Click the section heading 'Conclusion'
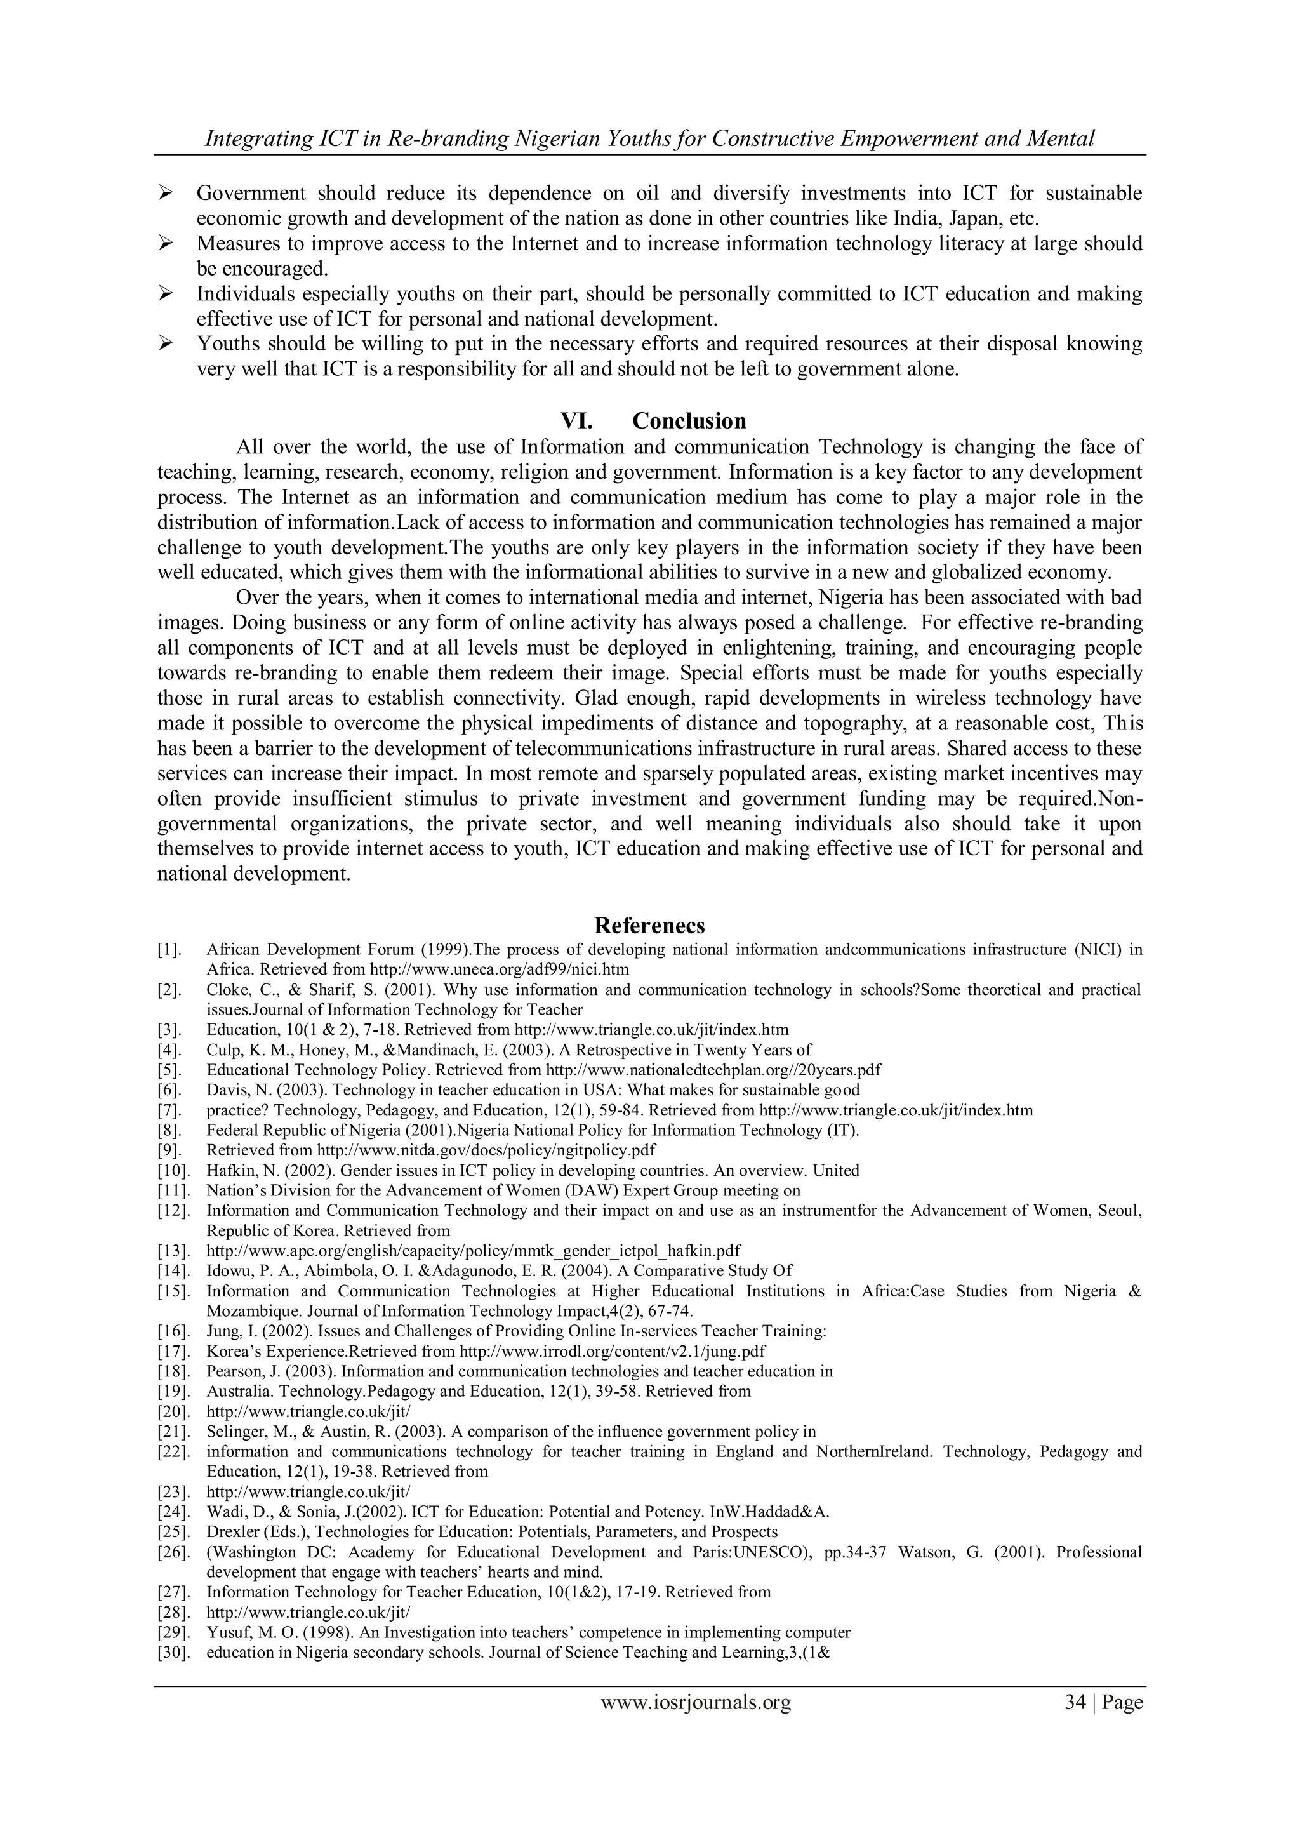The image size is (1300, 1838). [x=689, y=420]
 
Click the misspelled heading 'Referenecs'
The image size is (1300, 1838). [x=649, y=926]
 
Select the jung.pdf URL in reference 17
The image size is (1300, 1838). [x=613, y=1351]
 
